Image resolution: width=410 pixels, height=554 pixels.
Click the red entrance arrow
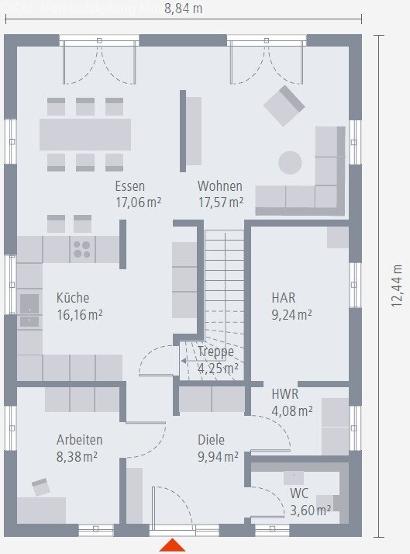click(173, 545)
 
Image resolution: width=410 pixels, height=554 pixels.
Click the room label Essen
click(130, 186)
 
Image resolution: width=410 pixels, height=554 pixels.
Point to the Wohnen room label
click(219, 186)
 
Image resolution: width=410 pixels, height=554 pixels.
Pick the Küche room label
click(73, 297)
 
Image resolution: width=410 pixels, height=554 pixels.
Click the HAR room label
click(283, 297)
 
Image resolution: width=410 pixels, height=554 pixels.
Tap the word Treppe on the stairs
click(215, 351)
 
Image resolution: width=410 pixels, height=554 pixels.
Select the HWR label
click(285, 393)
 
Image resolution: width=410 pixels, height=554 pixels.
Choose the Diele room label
click(211, 438)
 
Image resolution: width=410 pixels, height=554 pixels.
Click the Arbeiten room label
click(79, 439)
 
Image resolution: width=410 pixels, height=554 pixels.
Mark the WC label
click(299, 493)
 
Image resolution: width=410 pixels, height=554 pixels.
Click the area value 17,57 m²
click(220, 203)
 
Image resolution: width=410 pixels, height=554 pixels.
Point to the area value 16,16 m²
click(79, 314)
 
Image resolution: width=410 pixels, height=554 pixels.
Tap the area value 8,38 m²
click(77, 456)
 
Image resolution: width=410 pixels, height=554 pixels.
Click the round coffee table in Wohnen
click(290, 162)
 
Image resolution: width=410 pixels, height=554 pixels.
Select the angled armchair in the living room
click(284, 106)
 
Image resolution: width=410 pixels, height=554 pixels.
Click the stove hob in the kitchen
click(81, 249)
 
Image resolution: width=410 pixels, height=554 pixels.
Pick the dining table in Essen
click(85, 133)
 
